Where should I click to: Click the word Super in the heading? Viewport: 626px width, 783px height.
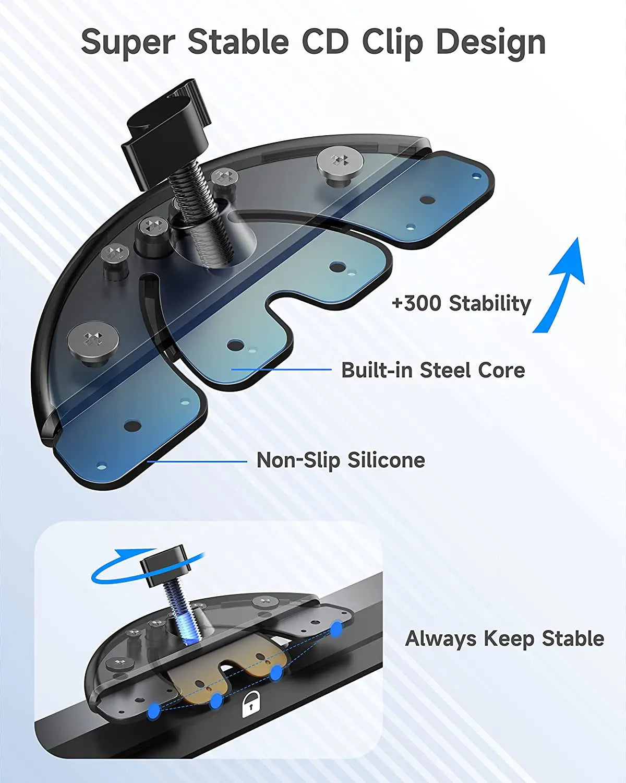pos(128,42)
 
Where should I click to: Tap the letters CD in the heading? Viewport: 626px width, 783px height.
pos(324,42)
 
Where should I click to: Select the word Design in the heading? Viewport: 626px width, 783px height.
pos(491,42)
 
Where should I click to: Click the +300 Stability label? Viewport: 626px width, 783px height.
pos(461,303)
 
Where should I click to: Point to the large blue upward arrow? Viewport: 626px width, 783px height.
pos(561,284)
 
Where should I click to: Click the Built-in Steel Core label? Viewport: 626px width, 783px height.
pos(433,370)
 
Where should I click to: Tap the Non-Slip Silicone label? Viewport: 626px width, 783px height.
pos(341,460)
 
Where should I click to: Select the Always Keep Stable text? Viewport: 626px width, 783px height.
pos(504,638)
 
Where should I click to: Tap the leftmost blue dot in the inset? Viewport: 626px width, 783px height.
pos(153,710)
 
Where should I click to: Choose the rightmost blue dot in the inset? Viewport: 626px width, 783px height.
pos(336,627)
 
